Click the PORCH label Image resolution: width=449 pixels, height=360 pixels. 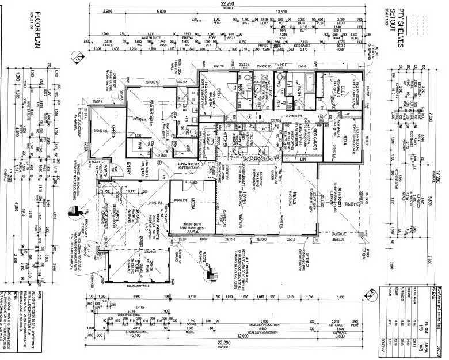(105, 170)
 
